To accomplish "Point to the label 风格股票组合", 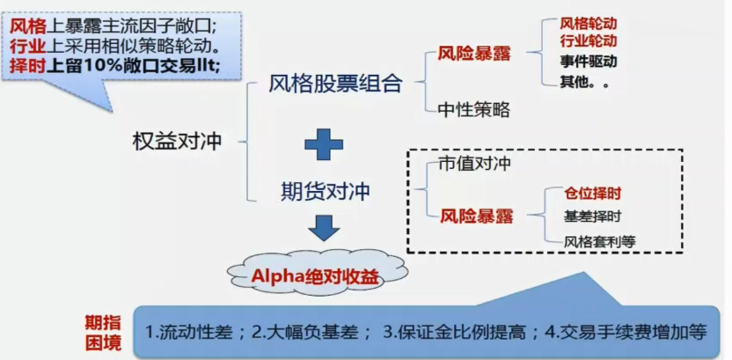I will pyautogui.click(x=336, y=84).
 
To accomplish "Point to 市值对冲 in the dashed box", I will pyautogui.click(x=475, y=165).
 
